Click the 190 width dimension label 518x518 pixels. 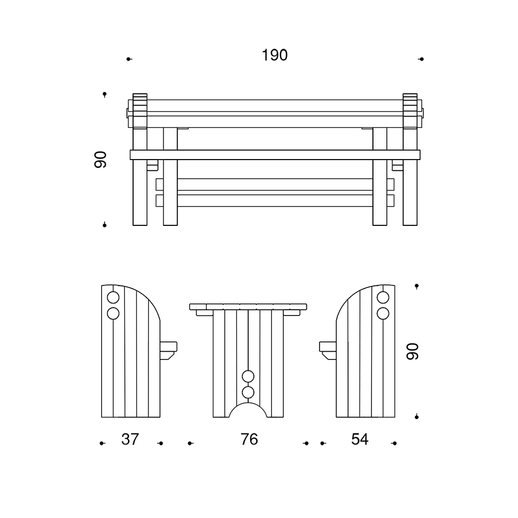point(275,55)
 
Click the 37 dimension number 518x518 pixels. point(130,439)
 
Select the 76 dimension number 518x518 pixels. point(249,439)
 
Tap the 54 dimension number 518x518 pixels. point(359,439)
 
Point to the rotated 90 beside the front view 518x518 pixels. point(100,160)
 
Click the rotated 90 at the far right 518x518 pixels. point(412,351)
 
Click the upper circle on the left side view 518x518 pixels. point(113,298)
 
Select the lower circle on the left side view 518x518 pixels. point(113,313)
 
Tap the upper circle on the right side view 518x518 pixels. point(383,298)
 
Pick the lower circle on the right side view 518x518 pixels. point(383,313)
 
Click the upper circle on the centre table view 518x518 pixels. point(248,376)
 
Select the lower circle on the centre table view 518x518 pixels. point(248,392)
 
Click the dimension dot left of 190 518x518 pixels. point(128,59)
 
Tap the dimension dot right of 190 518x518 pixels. point(421,59)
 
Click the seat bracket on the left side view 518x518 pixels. point(169,349)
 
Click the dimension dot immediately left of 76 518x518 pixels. point(190,443)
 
